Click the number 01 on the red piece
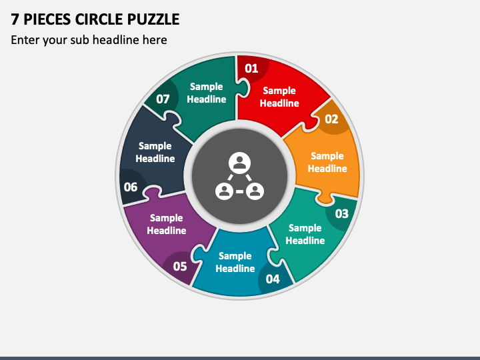[x=251, y=68]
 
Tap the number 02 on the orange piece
[x=331, y=119]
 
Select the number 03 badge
[x=341, y=214]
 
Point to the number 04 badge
[x=273, y=279]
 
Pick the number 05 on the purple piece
[x=180, y=267]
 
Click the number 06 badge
[x=131, y=187]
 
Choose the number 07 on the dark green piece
[x=163, y=99]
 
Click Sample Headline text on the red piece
[x=279, y=97]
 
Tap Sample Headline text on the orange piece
[x=327, y=162]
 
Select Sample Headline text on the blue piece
[x=235, y=262]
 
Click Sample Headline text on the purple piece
[x=167, y=224]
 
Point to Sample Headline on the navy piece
[x=155, y=152]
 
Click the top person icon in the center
[x=239, y=162]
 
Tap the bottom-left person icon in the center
[x=225, y=191]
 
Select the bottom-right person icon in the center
[x=255, y=191]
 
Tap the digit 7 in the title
[x=15, y=19]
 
